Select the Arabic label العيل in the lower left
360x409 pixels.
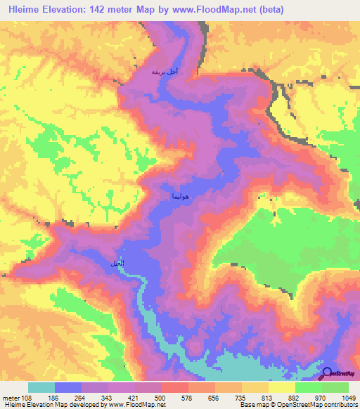pos(117,262)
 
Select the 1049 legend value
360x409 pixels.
pos(349,397)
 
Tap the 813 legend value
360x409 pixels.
pos(269,397)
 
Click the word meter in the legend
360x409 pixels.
pos(10,397)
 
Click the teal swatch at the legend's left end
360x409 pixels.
pos(41,387)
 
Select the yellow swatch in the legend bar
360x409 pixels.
pos(282,387)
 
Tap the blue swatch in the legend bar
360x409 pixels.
pos(67,387)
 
